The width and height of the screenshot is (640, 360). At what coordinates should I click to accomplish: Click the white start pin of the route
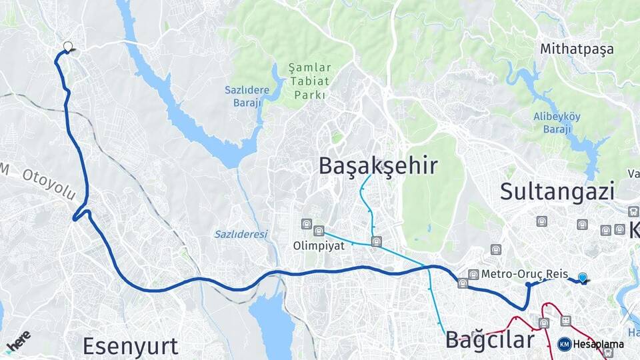67,47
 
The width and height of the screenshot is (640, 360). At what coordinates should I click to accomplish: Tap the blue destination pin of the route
583,278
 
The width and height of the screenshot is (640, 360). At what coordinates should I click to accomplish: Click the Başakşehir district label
377,165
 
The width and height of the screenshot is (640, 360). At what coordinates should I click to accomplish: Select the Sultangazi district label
557,191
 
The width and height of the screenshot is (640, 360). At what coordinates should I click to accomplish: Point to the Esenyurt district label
130,346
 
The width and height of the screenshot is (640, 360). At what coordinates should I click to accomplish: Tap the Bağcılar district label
490,340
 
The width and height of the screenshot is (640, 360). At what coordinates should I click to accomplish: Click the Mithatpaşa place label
577,49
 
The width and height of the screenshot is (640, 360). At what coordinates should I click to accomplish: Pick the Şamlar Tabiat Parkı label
308,81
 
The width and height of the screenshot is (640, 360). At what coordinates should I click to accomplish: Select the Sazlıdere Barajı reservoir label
245,96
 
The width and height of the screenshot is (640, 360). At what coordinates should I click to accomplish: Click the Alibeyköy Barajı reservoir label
557,123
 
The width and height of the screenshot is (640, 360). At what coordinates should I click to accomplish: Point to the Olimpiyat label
319,245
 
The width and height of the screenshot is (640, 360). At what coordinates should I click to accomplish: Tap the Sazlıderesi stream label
241,234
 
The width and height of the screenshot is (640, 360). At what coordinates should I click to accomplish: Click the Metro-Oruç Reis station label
524,274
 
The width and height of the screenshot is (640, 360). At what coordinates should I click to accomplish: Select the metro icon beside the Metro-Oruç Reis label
473,274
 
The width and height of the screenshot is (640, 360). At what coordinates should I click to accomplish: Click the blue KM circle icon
564,344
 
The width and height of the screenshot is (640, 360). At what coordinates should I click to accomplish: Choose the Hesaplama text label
598,344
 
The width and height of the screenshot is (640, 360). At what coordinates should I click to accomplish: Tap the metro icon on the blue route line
463,283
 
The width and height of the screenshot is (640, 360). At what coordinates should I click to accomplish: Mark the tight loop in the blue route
81,214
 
